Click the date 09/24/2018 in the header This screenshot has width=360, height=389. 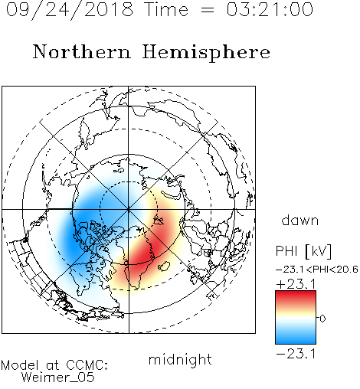tap(70, 10)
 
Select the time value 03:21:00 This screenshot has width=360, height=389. tap(270, 9)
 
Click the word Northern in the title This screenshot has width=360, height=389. tap(82, 51)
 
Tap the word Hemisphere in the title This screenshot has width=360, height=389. tap(206, 52)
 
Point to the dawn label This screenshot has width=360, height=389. tap(299, 220)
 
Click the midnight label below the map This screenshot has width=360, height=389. tap(180, 360)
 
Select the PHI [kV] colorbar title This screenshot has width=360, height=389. tap(303, 251)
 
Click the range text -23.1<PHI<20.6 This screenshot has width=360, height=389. tap(317, 270)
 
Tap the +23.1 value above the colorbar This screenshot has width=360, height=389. tap(296, 284)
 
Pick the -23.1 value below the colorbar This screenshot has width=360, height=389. tap(296, 354)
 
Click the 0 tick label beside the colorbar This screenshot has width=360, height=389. tap(322, 319)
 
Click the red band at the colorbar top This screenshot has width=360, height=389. tap(296, 296)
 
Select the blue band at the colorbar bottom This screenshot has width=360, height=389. tap(296, 338)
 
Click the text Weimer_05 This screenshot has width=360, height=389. tap(57, 378)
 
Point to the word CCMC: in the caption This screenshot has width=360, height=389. tap(87, 365)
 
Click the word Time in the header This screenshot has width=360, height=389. tap(166, 9)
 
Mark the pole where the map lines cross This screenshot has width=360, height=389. tap(129, 209)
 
